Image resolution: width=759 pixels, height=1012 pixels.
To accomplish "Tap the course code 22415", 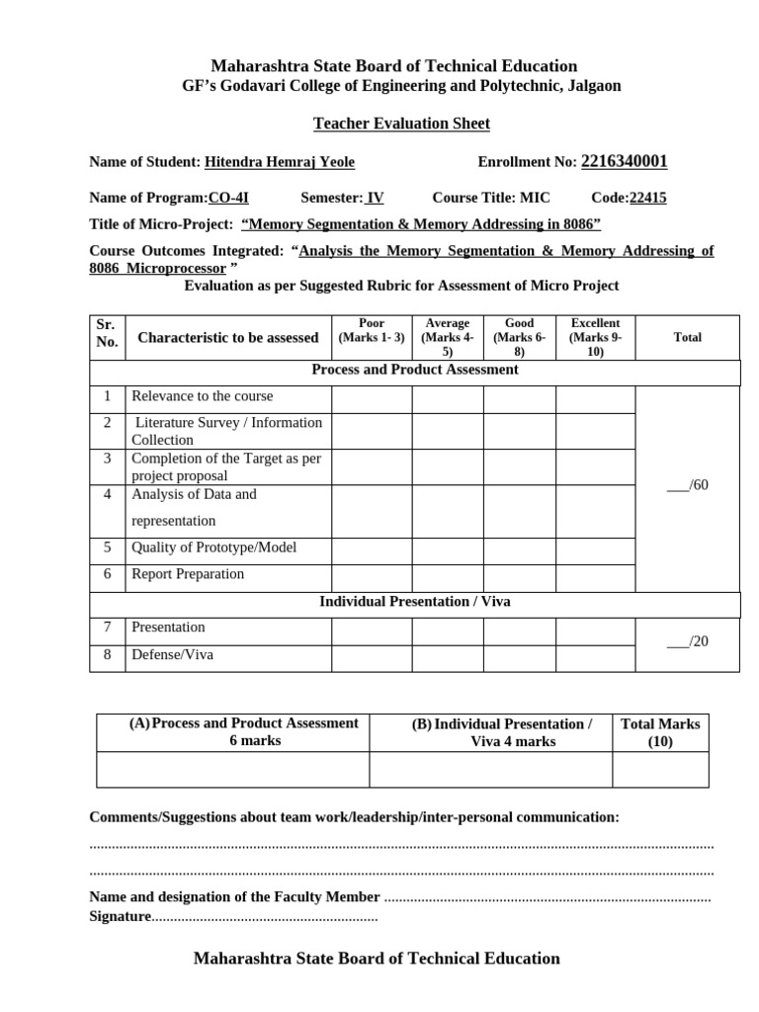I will click(x=647, y=198).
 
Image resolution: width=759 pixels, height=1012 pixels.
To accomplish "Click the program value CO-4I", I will click(x=228, y=198).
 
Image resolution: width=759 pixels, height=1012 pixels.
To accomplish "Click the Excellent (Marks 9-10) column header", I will click(x=595, y=337).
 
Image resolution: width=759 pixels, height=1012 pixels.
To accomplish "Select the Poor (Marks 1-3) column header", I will click(x=371, y=331).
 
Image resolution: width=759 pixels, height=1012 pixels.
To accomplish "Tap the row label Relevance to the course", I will click(x=202, y=396).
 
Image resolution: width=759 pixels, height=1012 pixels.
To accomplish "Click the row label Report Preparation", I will click(x=188, y=574).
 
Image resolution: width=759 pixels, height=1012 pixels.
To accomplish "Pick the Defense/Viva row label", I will click(x=172, y=654).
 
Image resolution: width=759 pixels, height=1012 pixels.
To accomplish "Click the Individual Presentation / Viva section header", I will click(x=414, y=602).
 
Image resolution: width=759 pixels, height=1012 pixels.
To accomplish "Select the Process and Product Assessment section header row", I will click(x=414, y=370).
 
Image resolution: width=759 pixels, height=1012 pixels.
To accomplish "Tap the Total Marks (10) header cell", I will click(x=660, y=732).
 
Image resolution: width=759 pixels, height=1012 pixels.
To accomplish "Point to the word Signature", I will click(x=120, y=917).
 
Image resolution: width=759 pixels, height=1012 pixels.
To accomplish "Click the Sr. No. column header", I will click(x=107, y=333).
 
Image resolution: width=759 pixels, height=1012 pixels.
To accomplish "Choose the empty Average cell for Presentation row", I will click(x=447, y=631).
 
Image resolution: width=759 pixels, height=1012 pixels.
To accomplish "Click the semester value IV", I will click(x=375, y=198).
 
